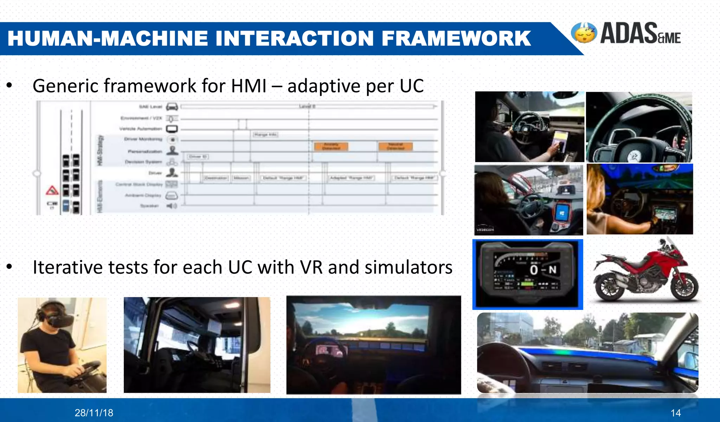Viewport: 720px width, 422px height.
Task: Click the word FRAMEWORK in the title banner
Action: tap(456, 38)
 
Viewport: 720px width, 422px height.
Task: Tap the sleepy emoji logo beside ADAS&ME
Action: tap(584, 33)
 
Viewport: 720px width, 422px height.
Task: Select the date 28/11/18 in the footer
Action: tap(94, 413)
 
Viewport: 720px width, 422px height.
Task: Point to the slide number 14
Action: tap(675, 413)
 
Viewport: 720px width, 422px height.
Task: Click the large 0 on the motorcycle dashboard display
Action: tap(534, 270)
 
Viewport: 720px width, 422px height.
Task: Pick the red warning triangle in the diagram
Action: tap(52, 191)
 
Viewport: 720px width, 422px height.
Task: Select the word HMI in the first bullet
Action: tap(249, 86)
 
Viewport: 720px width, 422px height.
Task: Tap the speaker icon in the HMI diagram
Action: tap(171, 206)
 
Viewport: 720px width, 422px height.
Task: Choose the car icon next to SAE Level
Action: tap(172, 106)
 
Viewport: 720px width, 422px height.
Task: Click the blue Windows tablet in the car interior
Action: tap(561, 213)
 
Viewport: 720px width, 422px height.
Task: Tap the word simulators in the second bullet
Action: tap(409, 267)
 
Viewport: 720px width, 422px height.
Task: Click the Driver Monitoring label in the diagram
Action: tap(143, 139)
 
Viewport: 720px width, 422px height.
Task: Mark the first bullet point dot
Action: tap(9, 85)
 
